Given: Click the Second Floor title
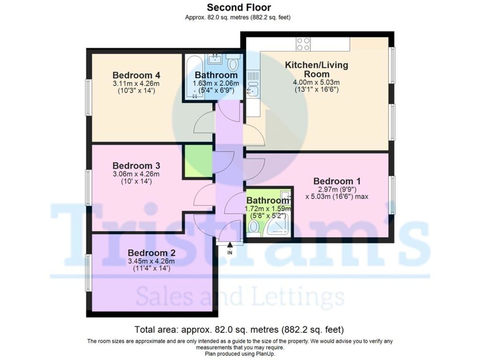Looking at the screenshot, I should (x=239, y=7).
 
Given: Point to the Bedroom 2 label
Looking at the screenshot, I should (x=152, y=253).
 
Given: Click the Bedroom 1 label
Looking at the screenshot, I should (x=337, y=181).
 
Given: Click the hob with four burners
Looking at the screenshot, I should (x=303, y=44).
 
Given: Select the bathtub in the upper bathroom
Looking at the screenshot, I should (x=189, y=78).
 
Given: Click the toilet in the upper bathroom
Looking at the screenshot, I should (x=233, y=64).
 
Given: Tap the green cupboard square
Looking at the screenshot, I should (x=198, y=161).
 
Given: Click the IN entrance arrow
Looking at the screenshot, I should (x=230, y=245).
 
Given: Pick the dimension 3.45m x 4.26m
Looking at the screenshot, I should (x=152, y=261).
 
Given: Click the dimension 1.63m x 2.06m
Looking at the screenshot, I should (x=216, y=83).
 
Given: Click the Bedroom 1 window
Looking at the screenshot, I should (x=393, y=195).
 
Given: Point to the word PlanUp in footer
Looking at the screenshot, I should (x=265, y=354).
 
